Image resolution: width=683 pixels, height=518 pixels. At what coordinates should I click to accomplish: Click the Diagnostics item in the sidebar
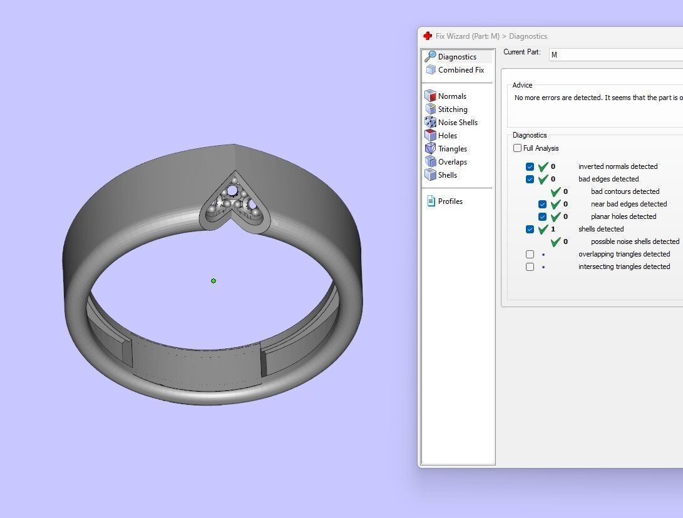coord(457,57)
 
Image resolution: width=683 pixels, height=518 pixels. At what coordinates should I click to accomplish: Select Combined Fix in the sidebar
coord(461,70)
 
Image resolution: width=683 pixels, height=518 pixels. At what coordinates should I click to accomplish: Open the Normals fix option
coord(452,96)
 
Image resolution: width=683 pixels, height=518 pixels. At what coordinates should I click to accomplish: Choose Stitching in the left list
coord(453,109)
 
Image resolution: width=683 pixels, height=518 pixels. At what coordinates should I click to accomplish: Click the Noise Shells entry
coord(458,123)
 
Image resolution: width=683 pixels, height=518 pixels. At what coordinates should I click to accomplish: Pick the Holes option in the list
coord(447,136)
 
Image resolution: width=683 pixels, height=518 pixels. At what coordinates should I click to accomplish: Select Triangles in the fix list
coord(452,149)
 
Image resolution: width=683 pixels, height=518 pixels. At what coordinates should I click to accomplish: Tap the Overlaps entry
coord(452,162)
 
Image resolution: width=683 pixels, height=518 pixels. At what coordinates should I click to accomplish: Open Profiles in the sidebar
coord(450,201)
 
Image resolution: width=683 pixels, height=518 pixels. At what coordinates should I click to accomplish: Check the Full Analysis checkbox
coord(517,148)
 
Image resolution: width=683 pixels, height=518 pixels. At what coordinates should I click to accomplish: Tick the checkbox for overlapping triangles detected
coord(530,255)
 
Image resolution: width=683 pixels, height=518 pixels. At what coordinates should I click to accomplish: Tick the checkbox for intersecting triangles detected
coord(530,267)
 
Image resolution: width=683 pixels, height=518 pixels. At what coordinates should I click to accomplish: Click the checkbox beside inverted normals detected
coord(530,167)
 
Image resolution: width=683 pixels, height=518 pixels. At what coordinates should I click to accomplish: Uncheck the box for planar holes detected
coord(543,217)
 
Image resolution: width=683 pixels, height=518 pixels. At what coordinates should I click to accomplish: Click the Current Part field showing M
coord(614,55)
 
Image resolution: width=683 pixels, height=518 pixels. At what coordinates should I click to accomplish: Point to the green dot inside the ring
coord(213,281)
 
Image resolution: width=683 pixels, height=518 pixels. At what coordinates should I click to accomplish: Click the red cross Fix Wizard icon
coord(428,36)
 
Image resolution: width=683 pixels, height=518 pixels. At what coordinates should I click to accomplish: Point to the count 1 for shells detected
coord(553,229)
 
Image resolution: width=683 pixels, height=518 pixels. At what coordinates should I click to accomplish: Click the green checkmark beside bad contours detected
coord(555,192)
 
